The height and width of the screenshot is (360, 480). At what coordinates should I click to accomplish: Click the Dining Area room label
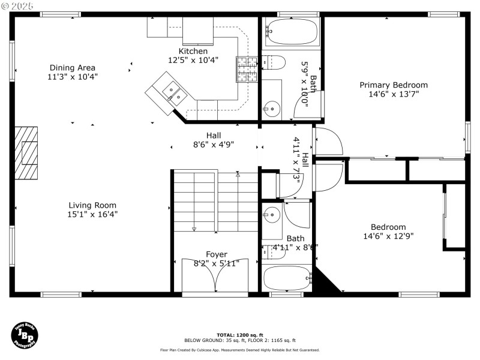pos(73,68)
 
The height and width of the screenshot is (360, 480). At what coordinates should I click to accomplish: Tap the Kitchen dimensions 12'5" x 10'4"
pos(193,60)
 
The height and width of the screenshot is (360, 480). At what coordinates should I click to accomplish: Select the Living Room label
pos(92,205)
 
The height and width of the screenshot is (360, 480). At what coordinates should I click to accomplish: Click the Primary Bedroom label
pos(393,85)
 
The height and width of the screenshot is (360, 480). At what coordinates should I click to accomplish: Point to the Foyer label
pos(217,254)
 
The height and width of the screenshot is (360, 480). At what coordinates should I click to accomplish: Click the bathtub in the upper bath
pos(292,32)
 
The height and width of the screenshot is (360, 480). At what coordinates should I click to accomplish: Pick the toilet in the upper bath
pos(274,62)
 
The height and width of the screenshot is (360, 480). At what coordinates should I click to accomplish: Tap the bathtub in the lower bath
pos(287,278)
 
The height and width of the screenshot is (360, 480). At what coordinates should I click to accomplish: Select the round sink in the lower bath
pos(272,214)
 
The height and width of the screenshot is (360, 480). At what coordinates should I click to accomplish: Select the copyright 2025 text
pos(18,5)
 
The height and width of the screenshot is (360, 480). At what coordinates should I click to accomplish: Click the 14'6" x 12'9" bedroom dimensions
pos(388,236)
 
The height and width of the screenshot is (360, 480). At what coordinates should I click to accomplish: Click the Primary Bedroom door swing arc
pos(329,141)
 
